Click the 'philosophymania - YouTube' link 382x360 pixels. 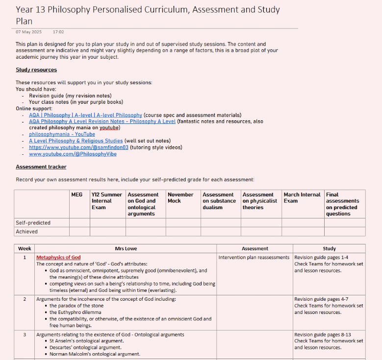62,134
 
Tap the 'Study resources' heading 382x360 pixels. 36,70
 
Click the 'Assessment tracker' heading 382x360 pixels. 41,167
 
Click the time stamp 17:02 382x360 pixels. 58,32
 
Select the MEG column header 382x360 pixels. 77,194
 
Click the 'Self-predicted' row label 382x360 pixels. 33,223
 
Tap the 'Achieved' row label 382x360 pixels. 26,232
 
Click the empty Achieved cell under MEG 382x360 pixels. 79,232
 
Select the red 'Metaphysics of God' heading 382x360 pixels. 58,257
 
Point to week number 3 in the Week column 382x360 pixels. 25,335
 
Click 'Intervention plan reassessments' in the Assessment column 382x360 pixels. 254,257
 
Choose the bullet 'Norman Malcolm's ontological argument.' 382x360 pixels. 95,354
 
